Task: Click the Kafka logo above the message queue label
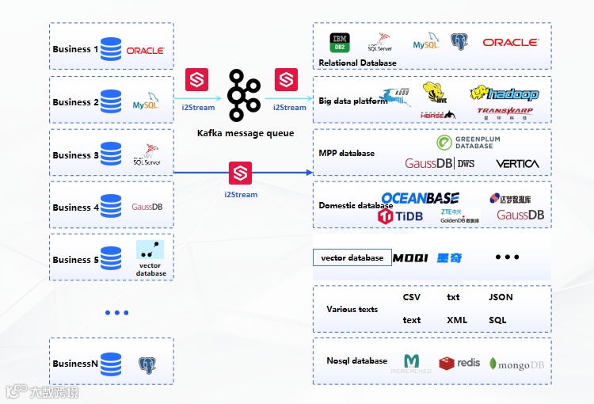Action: click(x=245, y=94)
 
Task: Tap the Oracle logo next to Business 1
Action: click(x=145, y=50)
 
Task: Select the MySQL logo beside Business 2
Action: click(x=146, y=103)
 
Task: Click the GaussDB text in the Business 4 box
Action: click(x=147, y=208)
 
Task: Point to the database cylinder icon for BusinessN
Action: click(x=111, y=364)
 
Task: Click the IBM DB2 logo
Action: click(x=341, y=43)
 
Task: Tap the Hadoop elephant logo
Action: click(x=504, y=93)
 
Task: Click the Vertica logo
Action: click(x=517, y=164)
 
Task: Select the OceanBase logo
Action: click(x=420, y=198)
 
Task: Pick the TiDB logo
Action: click(x=404, y=216)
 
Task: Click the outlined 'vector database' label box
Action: click(x=352, y=258)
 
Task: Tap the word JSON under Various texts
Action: click(x=501, y=297)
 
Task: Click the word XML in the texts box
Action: click(x=457, y=320)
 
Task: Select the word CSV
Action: click(x=412, y=297)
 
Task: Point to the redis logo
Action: click(x=459, y=363)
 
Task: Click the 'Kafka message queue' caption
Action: click(x=246, y=134)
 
